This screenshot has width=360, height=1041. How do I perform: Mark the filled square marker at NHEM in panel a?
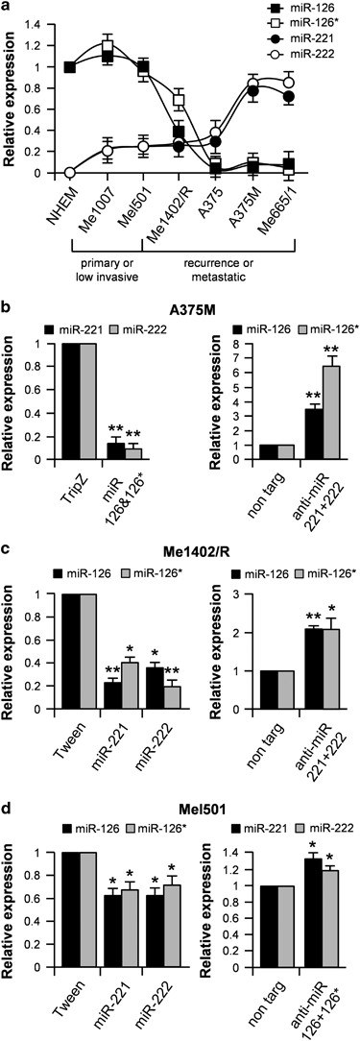69,66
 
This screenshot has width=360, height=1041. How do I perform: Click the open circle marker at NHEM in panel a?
69,173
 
